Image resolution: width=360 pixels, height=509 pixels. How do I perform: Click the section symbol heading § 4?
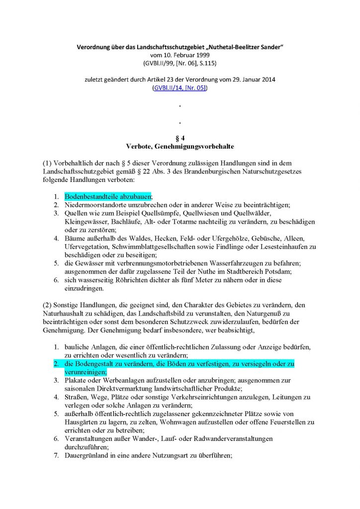180,138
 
